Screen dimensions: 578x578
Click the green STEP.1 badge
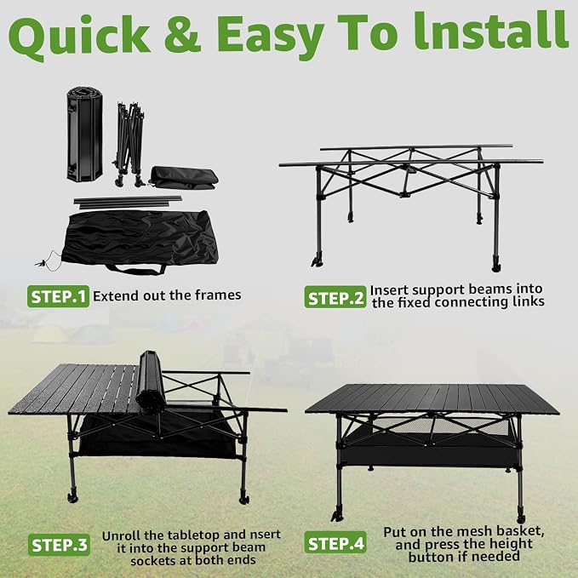58,296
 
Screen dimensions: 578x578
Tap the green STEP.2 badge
335,297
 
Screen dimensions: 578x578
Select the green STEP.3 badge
59,545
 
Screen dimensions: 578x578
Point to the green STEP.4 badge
335,542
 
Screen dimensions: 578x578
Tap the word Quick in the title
79,36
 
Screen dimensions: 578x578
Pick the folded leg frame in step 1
129,144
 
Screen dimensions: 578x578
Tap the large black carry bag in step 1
140,242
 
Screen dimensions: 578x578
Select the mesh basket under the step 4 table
429,444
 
